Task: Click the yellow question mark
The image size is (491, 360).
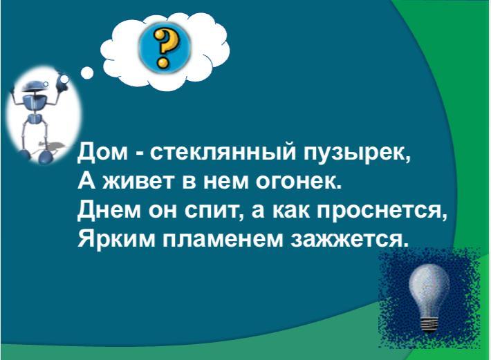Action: click(x=164, y=48)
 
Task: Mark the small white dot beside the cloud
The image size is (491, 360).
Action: click(x=87, y=73)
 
